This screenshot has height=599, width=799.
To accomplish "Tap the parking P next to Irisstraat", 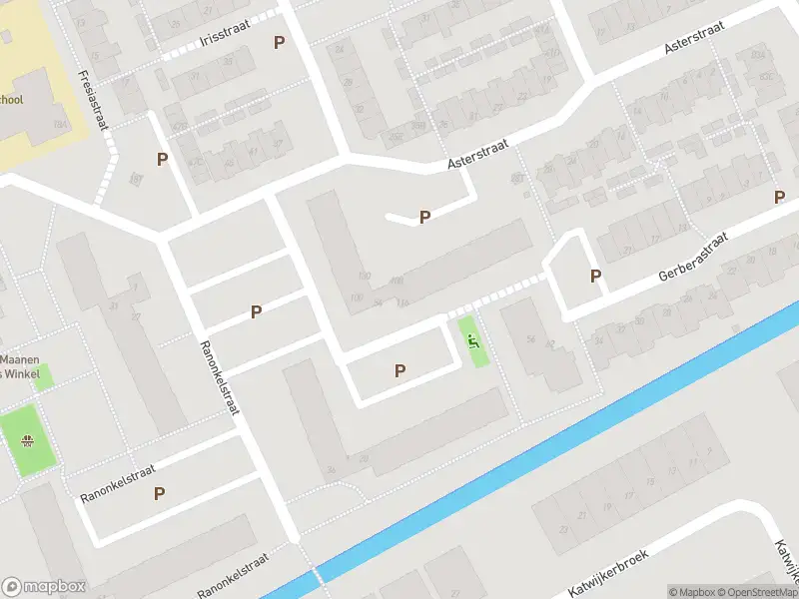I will tap(279, 42).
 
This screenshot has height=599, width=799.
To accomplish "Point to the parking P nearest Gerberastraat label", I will tap(595, 277).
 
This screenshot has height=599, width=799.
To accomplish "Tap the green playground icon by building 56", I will tap(472, 340).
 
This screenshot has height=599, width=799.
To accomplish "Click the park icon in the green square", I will tap(27, 439).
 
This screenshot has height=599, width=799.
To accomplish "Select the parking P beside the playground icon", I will tap(399, 370).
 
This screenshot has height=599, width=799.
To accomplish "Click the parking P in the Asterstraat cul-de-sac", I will tap(424, 217).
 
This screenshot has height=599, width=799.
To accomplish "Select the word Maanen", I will tap(20, 359).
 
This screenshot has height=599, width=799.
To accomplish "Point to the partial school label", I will tap(11, 100).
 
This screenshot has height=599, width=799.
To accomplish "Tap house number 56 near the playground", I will tap(531, 339).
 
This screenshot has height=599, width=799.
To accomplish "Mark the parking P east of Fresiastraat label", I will tap(161, 159).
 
